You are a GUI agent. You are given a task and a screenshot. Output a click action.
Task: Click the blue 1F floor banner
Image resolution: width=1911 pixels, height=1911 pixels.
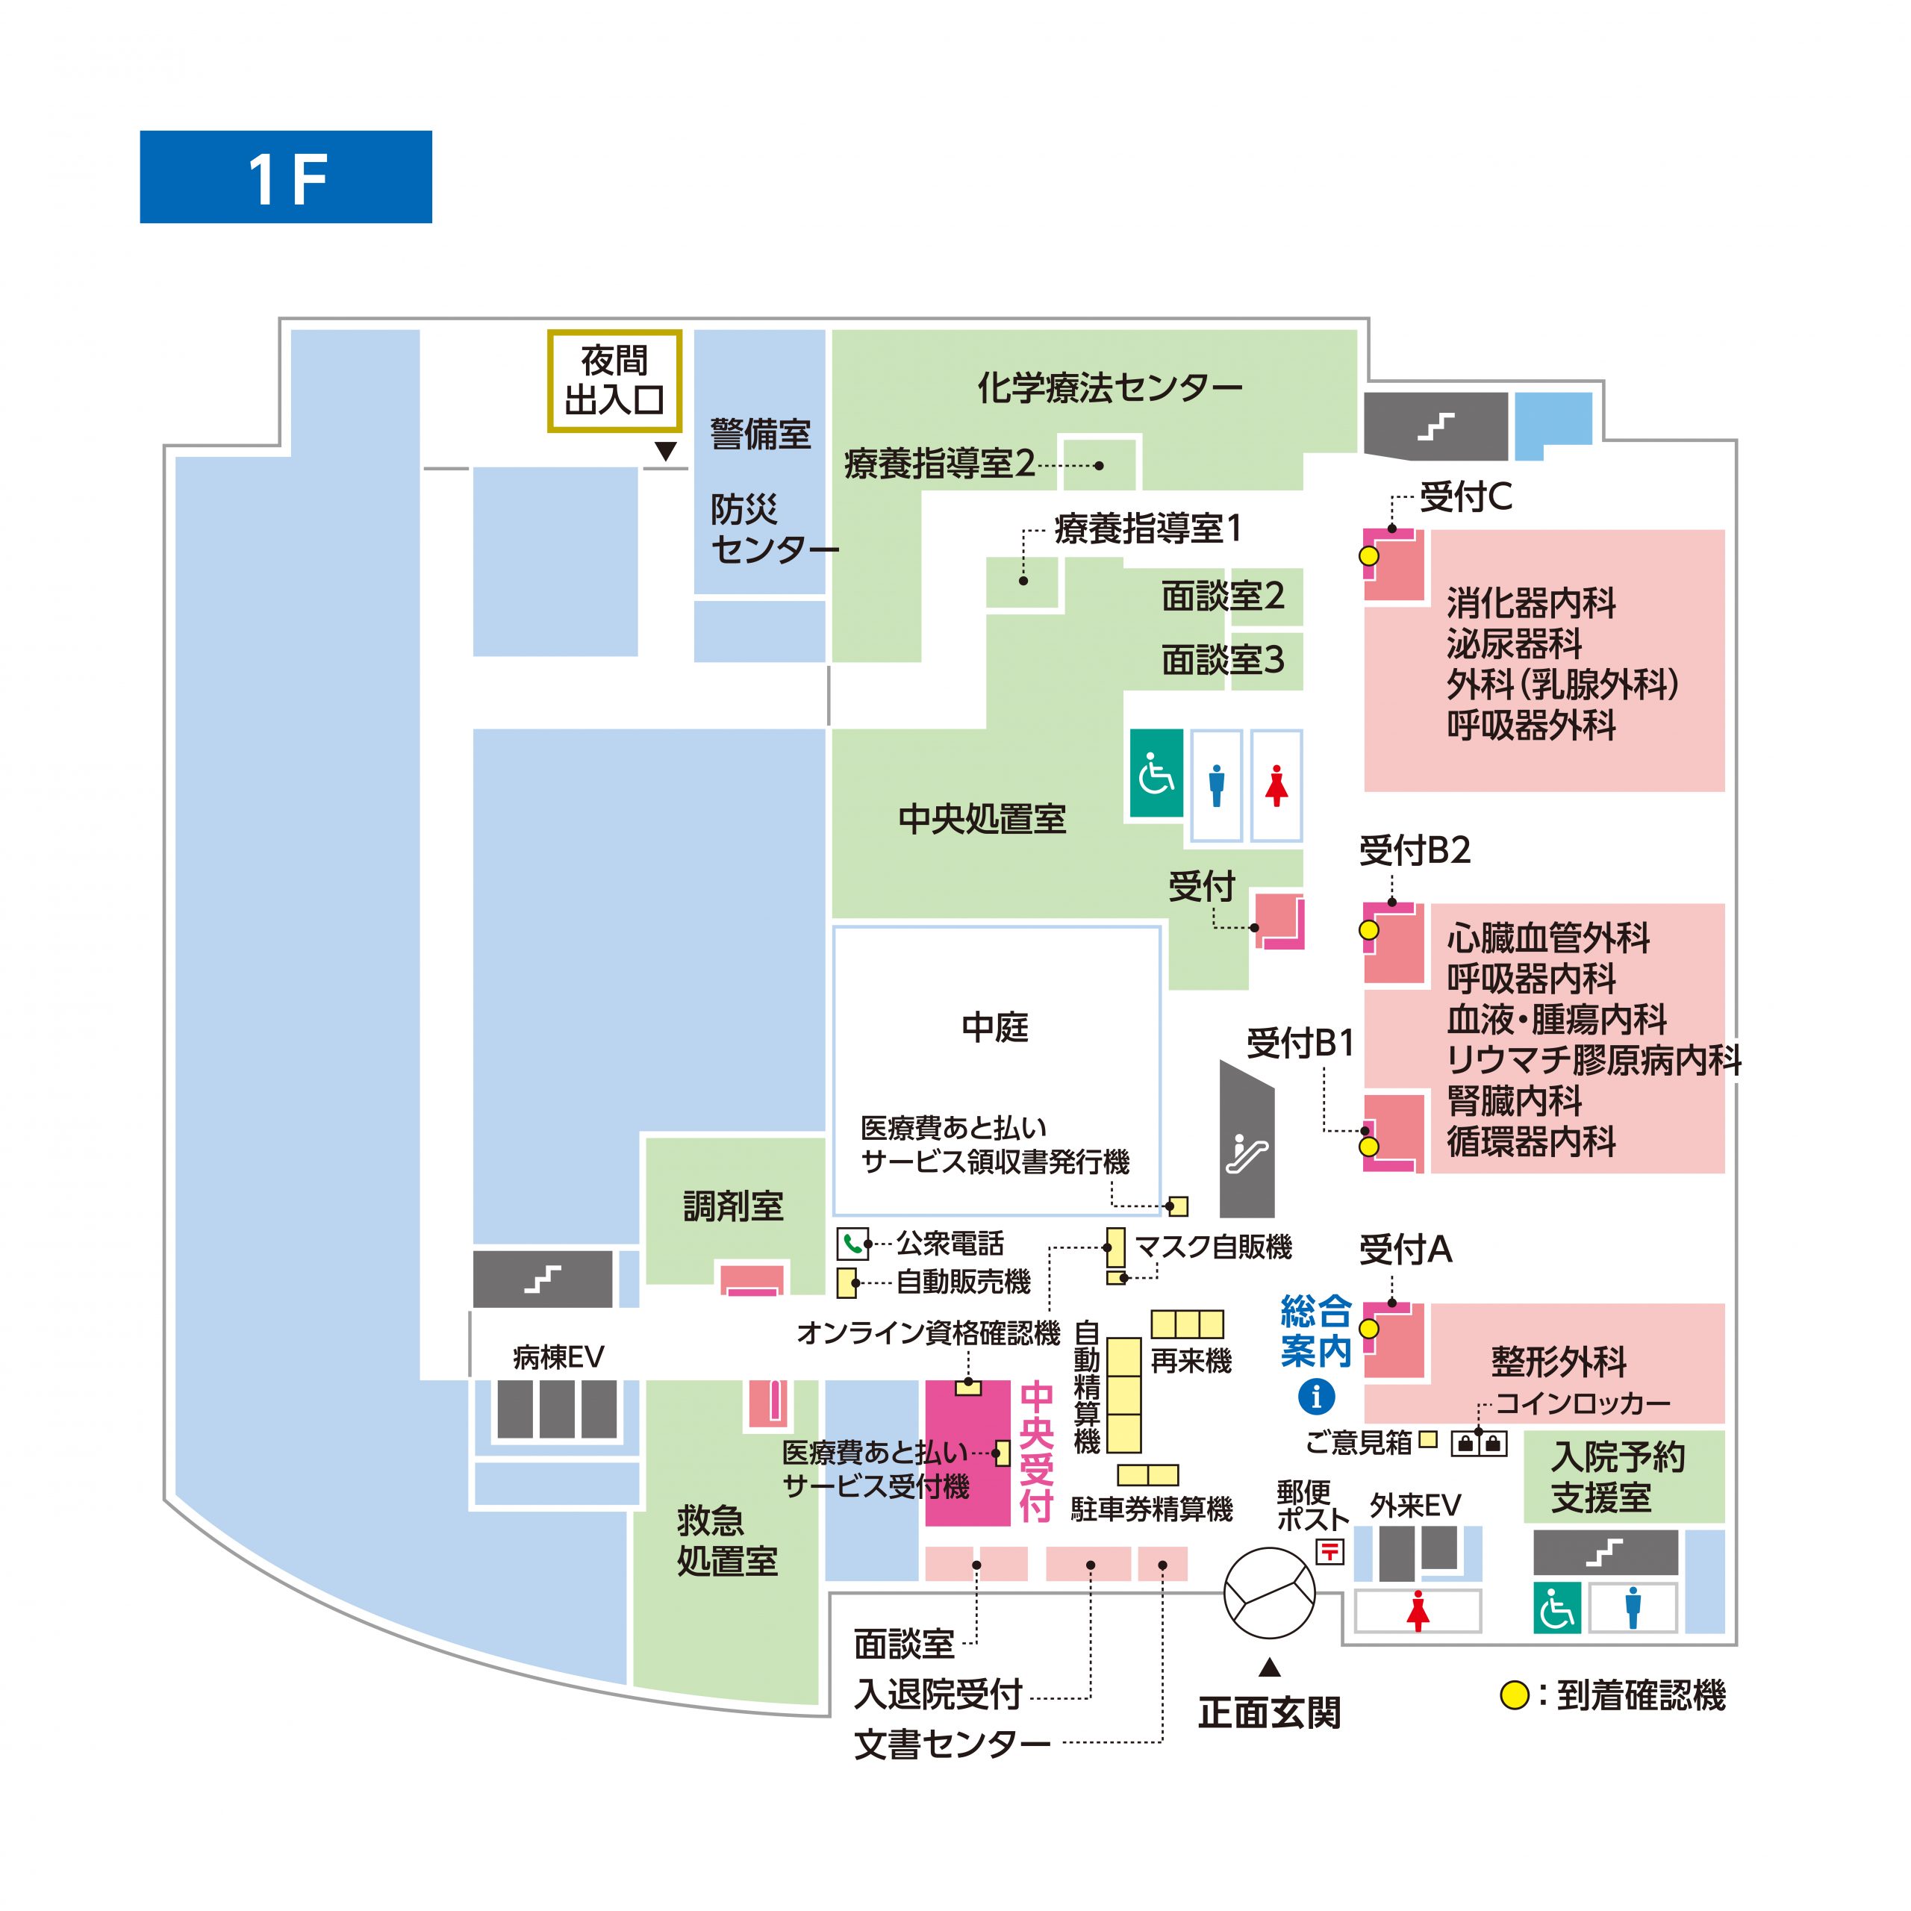[x=286, y=177]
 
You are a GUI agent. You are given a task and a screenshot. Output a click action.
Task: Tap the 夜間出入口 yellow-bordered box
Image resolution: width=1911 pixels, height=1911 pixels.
[x=615, y=381]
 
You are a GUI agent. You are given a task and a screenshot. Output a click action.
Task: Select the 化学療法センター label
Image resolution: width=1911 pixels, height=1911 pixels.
[x=1110, y=387]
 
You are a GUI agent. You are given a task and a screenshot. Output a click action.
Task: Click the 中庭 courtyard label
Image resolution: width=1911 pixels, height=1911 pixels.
[x=995, y=1028]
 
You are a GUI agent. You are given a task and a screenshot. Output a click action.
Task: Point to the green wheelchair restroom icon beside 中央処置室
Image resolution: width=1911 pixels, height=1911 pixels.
[x=1156, y=773]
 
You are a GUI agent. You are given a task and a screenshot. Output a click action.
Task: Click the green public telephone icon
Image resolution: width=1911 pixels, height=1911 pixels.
[x=852, y=1244]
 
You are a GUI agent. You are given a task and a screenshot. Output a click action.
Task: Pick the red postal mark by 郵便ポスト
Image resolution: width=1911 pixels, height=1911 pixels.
[x=1330, y=1551]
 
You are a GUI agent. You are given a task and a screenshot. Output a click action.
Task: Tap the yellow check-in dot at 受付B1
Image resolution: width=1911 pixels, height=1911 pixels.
[x=1369, y=1147]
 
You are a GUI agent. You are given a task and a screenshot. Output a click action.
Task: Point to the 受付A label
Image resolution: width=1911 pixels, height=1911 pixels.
[x=1406, y=1250]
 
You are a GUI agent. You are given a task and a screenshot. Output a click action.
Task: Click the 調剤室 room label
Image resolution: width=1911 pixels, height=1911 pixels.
[x=734, y=1206]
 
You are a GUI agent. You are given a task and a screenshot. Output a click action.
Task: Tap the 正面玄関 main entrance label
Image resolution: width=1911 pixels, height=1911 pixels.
[x=1270, y=1712]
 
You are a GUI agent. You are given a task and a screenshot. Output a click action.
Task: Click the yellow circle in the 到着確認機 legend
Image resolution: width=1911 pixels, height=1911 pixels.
[x=1515, y=1695]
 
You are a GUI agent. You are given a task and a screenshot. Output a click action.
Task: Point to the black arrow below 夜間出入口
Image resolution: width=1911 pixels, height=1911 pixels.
[x=667, y=451]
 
